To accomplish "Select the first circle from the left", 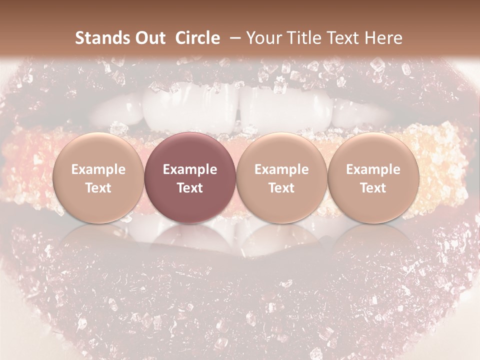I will (98, 178).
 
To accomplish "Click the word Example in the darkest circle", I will (190, 169).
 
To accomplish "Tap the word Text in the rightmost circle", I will (373, 188).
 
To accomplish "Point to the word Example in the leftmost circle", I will (98, 169).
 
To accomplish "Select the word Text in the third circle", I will (281, 188).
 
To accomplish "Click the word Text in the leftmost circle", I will (98, 188).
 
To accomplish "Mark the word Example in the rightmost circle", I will (373, 169).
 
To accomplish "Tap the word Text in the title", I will (344, 38).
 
